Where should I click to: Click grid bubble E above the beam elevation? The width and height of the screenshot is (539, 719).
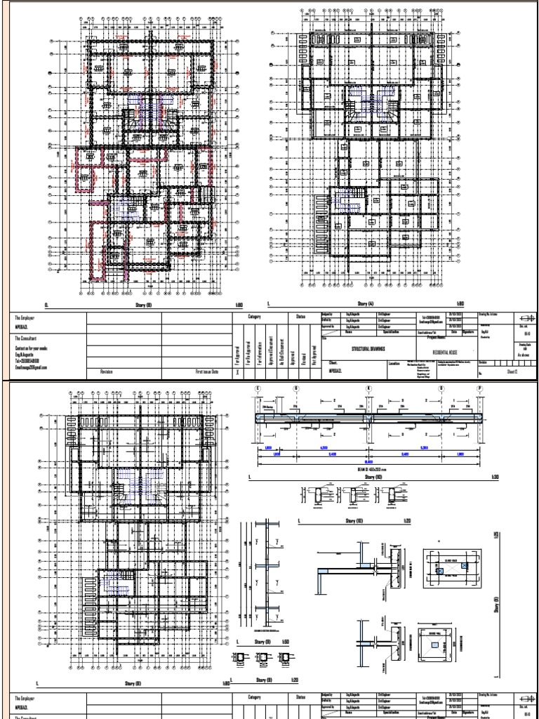tap(258, 388)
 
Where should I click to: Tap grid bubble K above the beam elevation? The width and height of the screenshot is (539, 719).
tap(368, 388)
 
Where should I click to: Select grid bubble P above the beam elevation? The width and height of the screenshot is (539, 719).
tap(480, 388)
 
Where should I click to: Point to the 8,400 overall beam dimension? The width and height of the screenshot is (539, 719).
tap(368, 462)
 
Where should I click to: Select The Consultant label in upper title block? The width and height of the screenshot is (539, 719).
tap(29, 338)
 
